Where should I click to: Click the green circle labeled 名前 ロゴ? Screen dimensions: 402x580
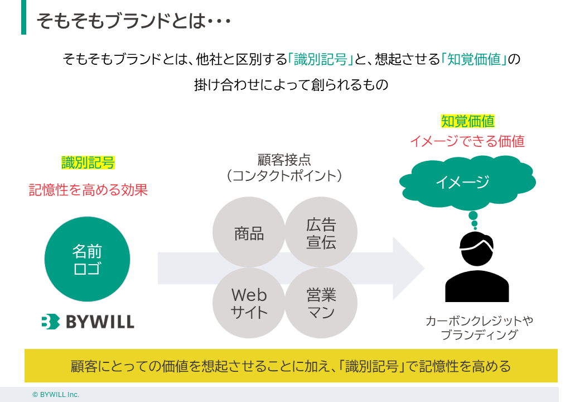pos(87,259)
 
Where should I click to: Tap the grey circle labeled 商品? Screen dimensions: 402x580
pos(249,233)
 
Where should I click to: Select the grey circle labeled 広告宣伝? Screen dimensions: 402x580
pos(321,233)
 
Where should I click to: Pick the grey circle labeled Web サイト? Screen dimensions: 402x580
pos(249,303)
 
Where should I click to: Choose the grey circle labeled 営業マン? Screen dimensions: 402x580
pos(321,303)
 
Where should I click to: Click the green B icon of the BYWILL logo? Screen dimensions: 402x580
pos(50,322)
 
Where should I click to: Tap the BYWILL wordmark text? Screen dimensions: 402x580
pos(100,322)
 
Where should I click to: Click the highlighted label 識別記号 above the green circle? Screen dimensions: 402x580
pos(88,163)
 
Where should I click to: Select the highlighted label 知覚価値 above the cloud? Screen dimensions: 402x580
pos(467,121)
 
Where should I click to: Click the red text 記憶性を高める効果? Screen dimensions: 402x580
pos(88,190)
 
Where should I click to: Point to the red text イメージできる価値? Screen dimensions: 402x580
pos(467,141)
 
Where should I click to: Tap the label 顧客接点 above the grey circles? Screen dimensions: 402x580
pos(284,160)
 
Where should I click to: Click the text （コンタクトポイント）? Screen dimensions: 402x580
pos(284,176)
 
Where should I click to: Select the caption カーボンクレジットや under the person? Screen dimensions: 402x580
pos(479,321)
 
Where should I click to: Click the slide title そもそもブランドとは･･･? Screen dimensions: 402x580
pos(134,21)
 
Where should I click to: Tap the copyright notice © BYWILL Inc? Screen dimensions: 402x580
pos(56,395)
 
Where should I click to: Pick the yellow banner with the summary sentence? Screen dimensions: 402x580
pos(291,366)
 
